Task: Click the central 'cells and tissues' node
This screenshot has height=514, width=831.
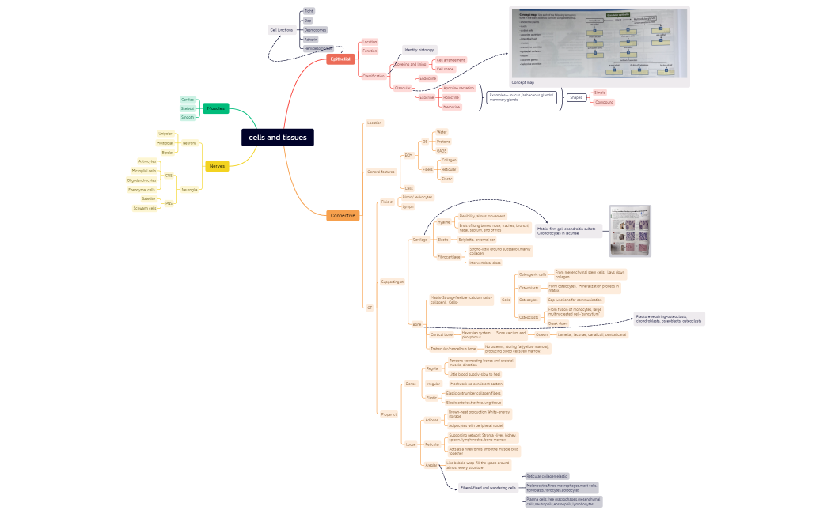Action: tap(278, 138)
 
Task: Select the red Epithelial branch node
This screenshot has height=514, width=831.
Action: tap(340, 59)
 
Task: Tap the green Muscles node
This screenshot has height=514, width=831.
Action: tap(215, 108)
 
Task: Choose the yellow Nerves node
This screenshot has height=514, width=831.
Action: tap(217, 166)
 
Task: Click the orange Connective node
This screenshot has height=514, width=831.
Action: tap(343, 215)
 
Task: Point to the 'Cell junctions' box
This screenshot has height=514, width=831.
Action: tap(282, 29)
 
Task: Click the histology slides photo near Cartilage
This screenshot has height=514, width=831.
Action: tap(630, 231)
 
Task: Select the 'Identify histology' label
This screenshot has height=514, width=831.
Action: tap(419, 50)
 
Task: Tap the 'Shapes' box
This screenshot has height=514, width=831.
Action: tap(575, 97)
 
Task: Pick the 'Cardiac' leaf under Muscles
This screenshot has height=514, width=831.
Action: tap(188, 100)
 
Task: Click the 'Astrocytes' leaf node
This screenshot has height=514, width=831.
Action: tap(147, 161)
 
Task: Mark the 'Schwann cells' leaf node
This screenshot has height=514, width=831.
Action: tap(145, 208)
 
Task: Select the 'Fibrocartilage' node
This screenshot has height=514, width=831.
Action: tap(448, 257)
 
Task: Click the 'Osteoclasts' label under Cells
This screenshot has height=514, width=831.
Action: tap(529, 317)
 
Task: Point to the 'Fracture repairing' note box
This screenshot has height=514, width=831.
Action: tap(669, 319)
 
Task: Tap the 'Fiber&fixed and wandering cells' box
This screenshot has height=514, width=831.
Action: tap(489, 488)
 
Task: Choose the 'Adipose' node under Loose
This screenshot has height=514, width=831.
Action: tap(432, 420)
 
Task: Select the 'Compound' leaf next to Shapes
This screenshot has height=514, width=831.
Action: tap(604, 103)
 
